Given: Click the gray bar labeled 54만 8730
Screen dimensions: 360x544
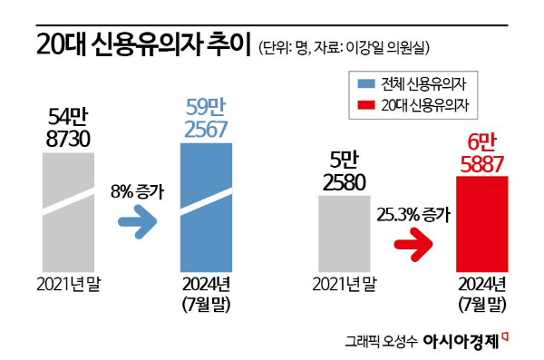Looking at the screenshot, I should click(66, 209).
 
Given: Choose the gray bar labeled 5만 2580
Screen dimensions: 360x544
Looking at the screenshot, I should click(345, 232).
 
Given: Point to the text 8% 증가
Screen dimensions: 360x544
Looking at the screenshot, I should click(137, 192).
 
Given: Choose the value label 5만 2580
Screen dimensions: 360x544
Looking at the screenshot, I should click(345, 171).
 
